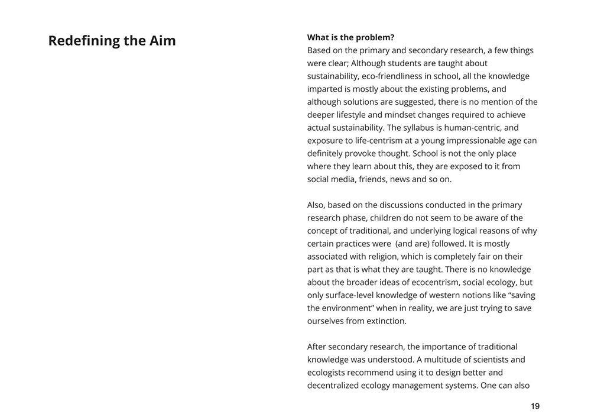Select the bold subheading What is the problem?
(350, 37)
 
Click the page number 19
(535, 406)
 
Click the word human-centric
(492, 128)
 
